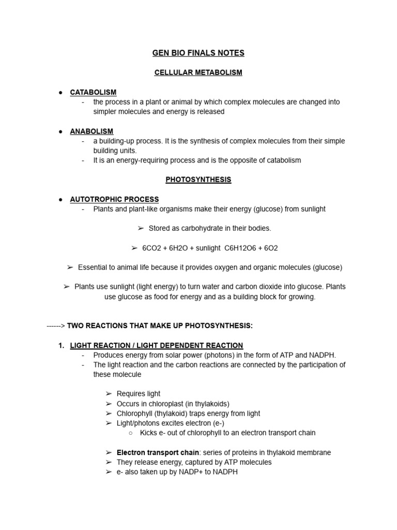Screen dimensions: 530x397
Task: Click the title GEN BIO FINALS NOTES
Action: [198, 53]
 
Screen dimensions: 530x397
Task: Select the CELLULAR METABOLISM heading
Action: [198, 72]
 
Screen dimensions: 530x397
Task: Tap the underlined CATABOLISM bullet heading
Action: [93, 92]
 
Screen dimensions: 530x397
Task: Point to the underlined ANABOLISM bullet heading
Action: [91, 131]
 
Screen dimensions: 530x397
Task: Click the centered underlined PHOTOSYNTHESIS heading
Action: [198, 180]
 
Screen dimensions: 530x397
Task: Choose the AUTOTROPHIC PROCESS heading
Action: [114, 199]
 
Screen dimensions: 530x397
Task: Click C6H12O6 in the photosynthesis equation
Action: [241, 248]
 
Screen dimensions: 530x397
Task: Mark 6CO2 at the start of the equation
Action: [154, 248]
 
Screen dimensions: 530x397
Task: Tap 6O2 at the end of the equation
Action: [270, 248]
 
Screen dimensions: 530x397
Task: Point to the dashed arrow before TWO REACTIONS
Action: [56, 326]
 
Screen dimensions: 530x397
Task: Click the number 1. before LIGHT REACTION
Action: [62, 345]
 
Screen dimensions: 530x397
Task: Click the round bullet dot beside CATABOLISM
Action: [61, 93]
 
